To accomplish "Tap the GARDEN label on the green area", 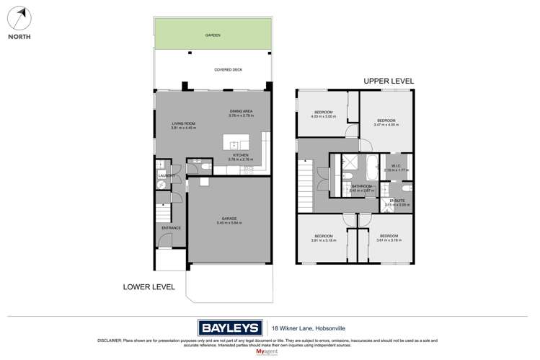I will [213, 35].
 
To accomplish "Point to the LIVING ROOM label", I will [183, 123].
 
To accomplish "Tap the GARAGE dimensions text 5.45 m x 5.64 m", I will [229, 223].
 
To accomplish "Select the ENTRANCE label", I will [171, 228].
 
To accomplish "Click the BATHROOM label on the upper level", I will [361, 186].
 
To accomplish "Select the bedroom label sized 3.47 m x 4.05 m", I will [386, 123].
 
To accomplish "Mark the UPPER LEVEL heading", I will [389, 82].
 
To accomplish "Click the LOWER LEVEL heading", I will [149, 286].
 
